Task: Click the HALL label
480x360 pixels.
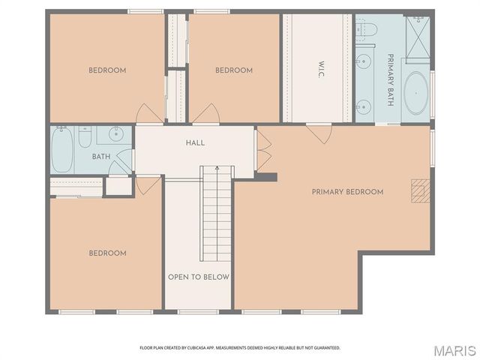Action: [x=195, y=143]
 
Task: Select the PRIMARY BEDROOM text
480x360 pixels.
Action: [x=347, y=192]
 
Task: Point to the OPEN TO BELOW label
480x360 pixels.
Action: [x=198, y=277]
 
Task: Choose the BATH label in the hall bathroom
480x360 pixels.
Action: [x=100, y=157]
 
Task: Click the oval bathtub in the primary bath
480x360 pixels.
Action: [x=416, y=93]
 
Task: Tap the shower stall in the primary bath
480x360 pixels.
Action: [x=418, y=33]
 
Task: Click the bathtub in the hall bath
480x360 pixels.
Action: [x=63, y=148]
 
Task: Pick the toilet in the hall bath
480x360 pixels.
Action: [x=85, y=137]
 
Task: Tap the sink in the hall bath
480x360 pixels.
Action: [x=116, y=135]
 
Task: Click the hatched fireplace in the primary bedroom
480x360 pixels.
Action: [x=418, y=191]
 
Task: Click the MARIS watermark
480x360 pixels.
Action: [x=453, y=350]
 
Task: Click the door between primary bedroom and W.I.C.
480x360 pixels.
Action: [x=319, y=133]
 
